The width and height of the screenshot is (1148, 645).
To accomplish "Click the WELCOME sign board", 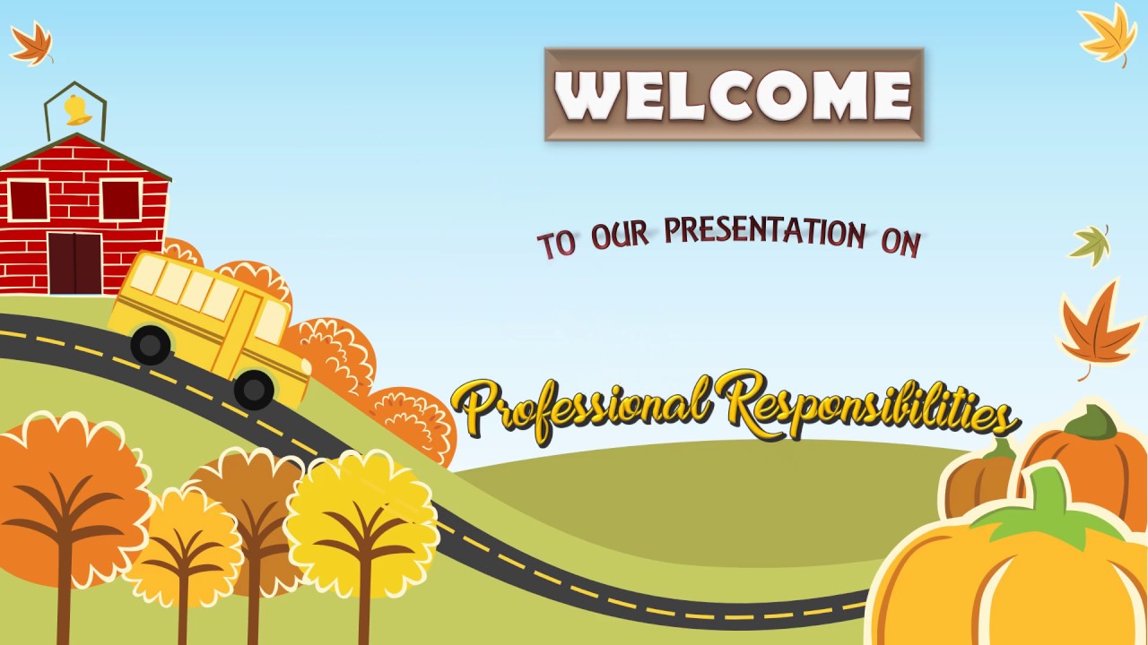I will pyautogui.click(x=734, y=94).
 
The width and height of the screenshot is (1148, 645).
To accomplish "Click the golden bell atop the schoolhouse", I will pyautogui.click(x=76, y=110).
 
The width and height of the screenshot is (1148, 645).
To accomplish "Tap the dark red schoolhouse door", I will pyautogui.click(x=74, y=262).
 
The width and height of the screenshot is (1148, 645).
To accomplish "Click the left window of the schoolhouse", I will pyautogui.click(x=29, y=200).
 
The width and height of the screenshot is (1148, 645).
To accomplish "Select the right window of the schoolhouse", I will pyautogui.click(x=120, y=200).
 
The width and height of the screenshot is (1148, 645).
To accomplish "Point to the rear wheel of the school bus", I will pyautogui.click(x=150, y=344).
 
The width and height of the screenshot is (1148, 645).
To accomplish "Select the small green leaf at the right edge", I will pyautogui.click(x=1091, y=244).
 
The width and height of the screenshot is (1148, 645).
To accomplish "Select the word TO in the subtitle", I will pyautogui.click(x=556, y=244).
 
